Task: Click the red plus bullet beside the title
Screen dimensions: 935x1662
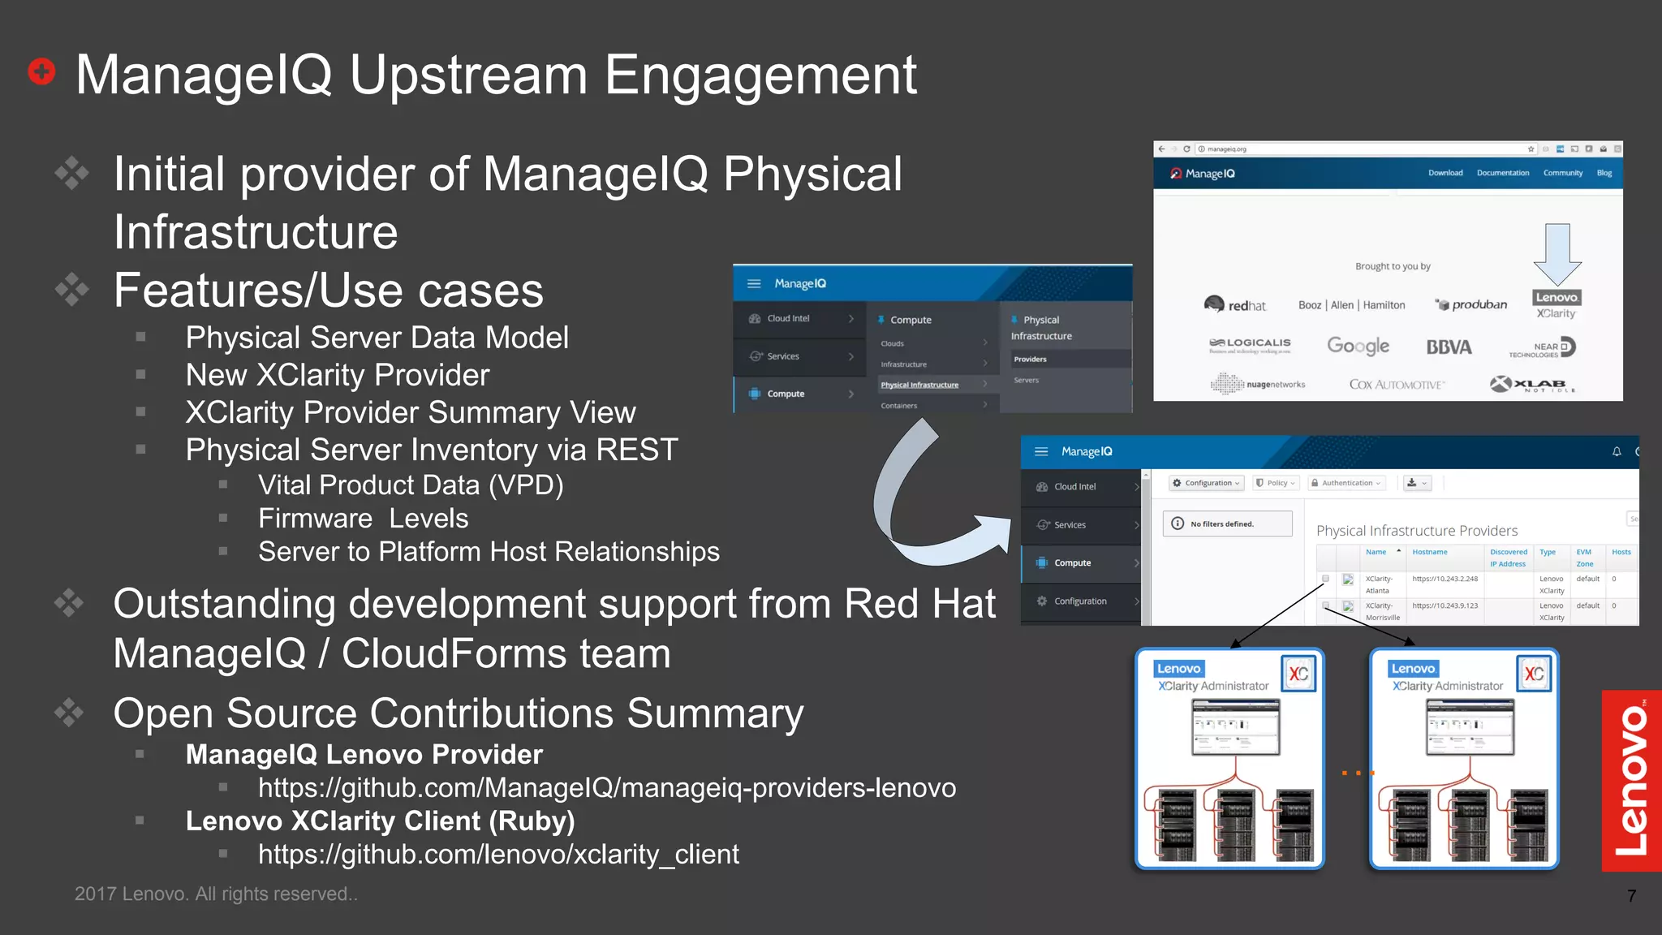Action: coord(41,71)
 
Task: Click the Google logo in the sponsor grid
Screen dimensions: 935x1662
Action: coord(1358,347)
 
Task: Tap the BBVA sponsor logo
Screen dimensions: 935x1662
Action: coord(1449,347)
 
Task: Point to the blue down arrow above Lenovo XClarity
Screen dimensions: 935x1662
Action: coord(1557,254)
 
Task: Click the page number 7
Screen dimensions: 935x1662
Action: coord(1631,896)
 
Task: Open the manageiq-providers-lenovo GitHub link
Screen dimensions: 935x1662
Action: coord(606,788)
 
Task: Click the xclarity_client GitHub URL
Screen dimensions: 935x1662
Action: coord(498,855)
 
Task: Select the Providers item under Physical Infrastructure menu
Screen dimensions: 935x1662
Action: coord(1031,359)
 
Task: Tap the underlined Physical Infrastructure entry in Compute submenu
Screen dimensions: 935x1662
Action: coord(919,385)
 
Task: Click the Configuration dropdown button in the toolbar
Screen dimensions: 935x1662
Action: coord(1206,483)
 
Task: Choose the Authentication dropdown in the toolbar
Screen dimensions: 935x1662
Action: coord(1346,483)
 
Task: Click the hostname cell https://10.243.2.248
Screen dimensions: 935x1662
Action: coord(1445,579)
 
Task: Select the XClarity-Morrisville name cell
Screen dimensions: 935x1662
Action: coord(1382,611)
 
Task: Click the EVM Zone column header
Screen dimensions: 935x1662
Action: coord(1584,558)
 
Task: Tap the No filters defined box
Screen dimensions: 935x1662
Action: coord(1226,524)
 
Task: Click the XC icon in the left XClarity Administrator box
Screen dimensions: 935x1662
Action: coord(1298,674)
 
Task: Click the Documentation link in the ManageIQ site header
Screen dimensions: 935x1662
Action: coord(1502,173)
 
